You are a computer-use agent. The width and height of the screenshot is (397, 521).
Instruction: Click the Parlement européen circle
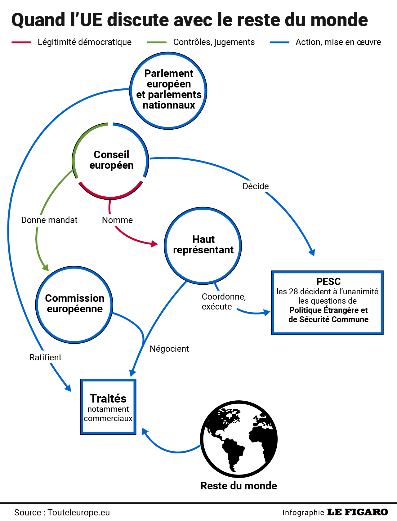[168, 91]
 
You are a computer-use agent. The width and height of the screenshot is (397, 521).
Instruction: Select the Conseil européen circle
[110, 161]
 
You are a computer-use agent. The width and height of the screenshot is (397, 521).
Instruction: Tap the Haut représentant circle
[203, 246]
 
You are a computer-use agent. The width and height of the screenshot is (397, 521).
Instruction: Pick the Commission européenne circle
[74, 305]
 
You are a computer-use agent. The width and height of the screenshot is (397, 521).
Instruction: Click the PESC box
[327, 303]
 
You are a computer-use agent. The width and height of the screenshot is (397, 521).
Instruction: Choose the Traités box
[108, 407]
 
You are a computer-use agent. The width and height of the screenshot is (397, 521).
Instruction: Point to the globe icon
[239, 439]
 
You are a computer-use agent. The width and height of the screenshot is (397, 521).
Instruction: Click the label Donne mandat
[49, 220]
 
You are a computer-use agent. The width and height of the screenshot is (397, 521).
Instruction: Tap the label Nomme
[117, 220]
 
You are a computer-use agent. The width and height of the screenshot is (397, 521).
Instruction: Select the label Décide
[256, 186]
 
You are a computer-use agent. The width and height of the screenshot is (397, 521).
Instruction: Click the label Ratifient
[45, 358]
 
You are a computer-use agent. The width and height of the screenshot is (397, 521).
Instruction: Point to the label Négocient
[169, 349]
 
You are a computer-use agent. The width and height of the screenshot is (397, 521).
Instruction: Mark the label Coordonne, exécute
[223, 301]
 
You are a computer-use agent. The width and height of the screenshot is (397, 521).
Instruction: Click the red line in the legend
[21, 42]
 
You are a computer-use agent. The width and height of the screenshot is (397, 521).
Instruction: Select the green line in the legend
[157, 42]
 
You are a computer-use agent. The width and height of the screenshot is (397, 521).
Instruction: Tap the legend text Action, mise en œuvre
[338, 42]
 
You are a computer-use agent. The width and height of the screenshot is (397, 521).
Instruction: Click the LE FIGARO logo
[358, 512]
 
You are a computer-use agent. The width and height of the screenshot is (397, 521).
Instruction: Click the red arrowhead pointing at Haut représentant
[154, 244]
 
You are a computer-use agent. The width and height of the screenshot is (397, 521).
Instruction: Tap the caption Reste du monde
[239, 486]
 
